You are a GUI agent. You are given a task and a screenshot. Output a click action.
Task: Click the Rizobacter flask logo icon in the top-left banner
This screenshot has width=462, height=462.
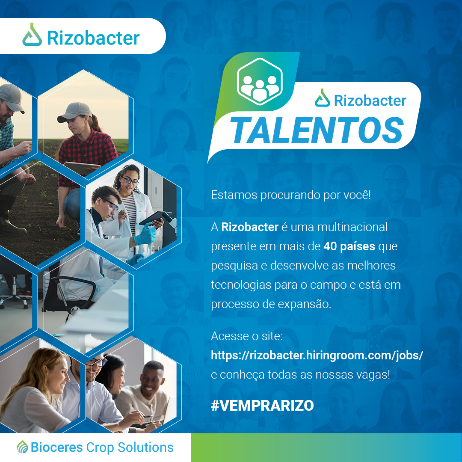pos(32,35)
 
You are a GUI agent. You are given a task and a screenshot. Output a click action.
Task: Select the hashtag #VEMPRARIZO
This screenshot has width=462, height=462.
pos(262,406)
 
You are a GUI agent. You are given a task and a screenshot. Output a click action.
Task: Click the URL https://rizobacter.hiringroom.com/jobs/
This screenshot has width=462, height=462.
pos(317,355)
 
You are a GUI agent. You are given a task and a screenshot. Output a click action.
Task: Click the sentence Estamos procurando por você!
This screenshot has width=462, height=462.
pos(290,195)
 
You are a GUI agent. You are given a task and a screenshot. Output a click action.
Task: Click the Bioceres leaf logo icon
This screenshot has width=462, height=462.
pos(22,447)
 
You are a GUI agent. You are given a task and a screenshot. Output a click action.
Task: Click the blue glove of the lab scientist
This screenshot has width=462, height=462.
pos(145,236)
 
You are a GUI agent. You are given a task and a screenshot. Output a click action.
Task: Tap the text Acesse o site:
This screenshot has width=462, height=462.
pos(247,336)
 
